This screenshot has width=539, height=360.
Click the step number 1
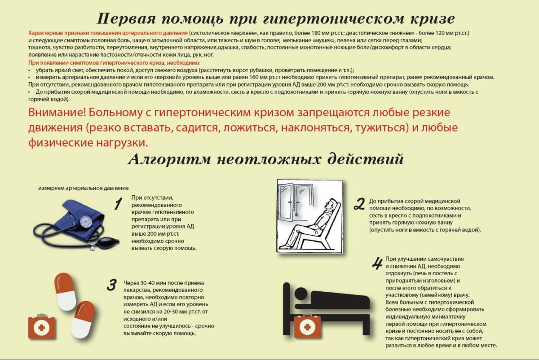tap(118, 204)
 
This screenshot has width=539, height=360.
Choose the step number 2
tap(359, 204)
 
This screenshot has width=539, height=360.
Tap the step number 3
tap(111, 285)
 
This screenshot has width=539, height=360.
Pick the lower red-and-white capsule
tap(84, 319)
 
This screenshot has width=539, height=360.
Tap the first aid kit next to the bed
tap(307, 325)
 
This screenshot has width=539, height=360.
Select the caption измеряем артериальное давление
tap(83, 188)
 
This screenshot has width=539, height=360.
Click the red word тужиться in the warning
tap(380, 127)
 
